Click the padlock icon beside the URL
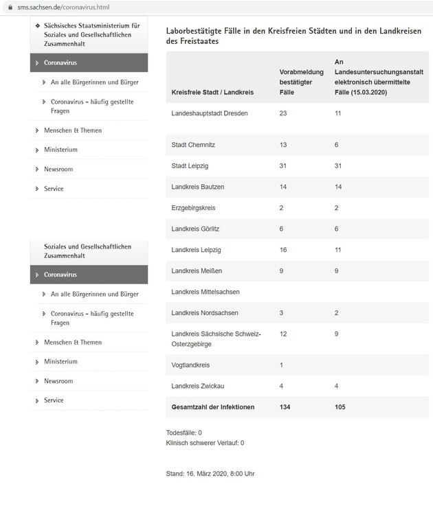tap(10, 7)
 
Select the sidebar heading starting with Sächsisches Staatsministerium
tap(91, 35)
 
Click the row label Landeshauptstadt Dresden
tap(210, 113)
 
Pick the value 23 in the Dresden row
tap(283, 113)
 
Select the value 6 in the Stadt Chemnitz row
tap(337, 145)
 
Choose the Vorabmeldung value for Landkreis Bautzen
tap(283, 187)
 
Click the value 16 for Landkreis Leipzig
tap(283, 250)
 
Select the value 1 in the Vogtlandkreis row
tap(281, 365)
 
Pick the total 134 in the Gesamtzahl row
tap(285, 407)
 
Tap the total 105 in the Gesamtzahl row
tap(340, 407)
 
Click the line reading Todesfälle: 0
tap(184, 433)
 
